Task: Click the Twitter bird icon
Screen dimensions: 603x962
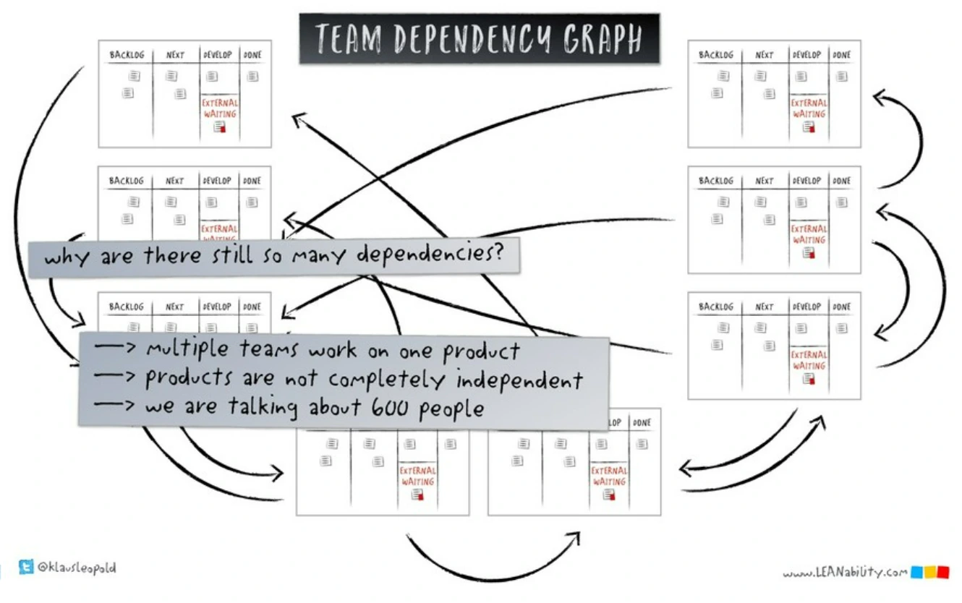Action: click(x=27, y=568)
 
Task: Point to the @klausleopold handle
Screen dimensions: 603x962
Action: click(x=77, y=568)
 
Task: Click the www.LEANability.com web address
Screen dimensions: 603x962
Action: click(x=844, y=573)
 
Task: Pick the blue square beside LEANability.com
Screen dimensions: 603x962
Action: click(x=916, y=573)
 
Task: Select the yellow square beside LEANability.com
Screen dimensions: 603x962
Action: click(x=929, y=573)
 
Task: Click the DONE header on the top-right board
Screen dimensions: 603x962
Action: click(x=841, y=55)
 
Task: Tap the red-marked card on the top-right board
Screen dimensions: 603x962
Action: click(x=809, y=127)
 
